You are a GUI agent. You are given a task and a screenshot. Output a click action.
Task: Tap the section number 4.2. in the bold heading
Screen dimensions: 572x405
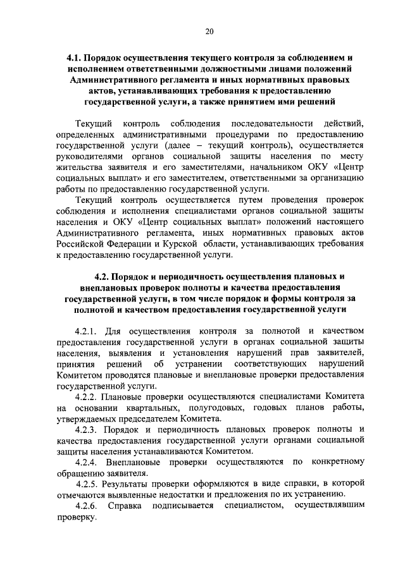[x=103, y=277]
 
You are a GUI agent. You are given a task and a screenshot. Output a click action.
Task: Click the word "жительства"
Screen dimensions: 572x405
[x=78, y=167]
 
